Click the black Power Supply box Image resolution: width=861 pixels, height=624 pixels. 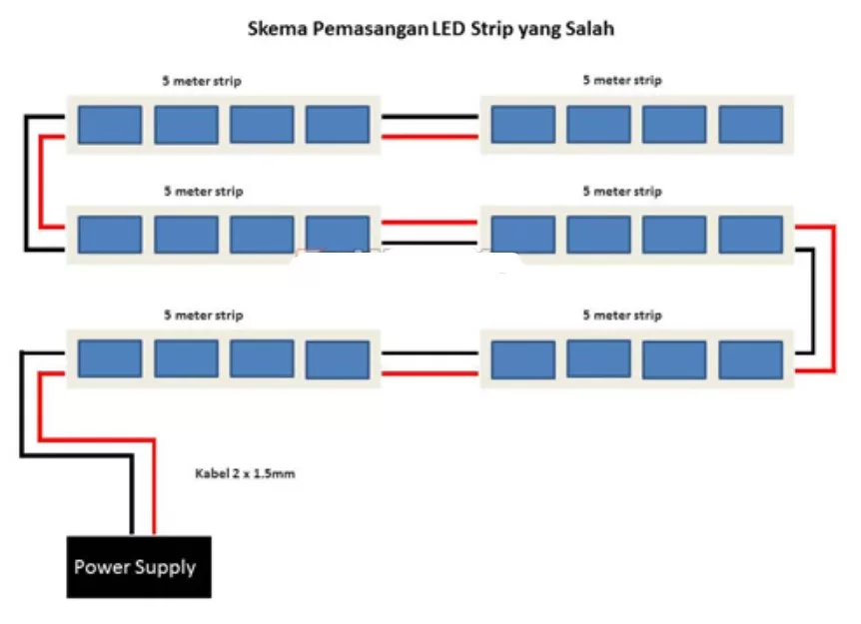pyautogui.click(x=138, y=567)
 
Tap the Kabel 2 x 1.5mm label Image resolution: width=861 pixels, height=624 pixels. pyautogui.click(x=244, y=473)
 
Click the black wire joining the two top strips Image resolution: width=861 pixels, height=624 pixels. pyautogui.click(x=430, y=117)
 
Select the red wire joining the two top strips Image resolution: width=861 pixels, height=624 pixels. pyautogui.click(x=430, y=137)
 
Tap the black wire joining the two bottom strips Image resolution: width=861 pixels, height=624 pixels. pyautogui.click(x=430, y=351)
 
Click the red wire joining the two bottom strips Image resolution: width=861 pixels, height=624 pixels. pyautogui.click(x=430, y=370)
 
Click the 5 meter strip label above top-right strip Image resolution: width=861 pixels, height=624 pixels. pyautogui.click(x=622, y=80)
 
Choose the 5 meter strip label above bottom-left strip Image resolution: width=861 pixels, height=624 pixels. pyautogui.click(x=203, y=314)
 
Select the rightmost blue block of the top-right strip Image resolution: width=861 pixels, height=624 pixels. pyautogui.click(x=750, y=125)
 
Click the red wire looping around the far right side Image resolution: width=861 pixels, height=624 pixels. pyautogui.click(x=832, y=300)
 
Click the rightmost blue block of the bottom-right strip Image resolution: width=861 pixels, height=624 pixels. pyautogui.click(x=750, y=359)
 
